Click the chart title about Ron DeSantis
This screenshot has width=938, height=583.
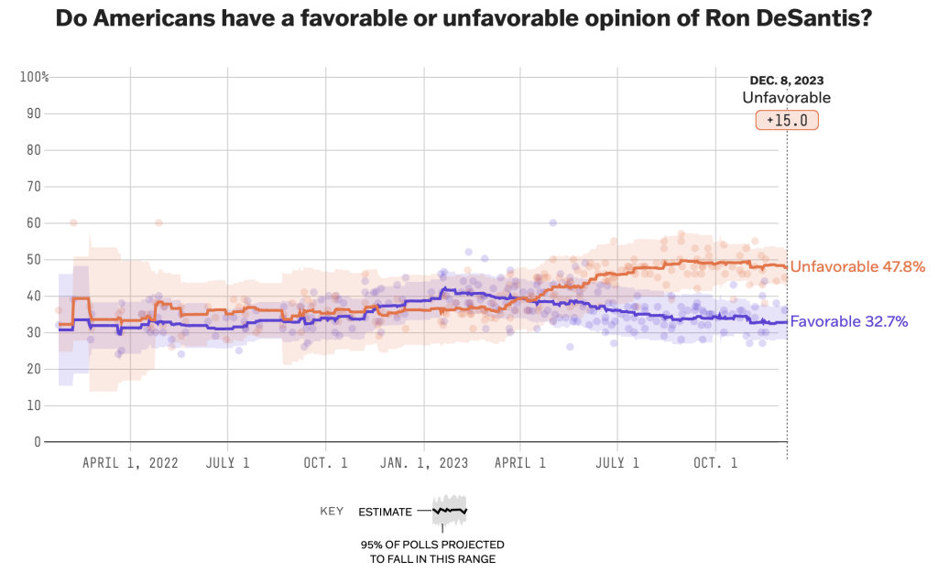[464, 19]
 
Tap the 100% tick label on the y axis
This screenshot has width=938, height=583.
[34, 77]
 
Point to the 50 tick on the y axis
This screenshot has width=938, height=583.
[34, 259]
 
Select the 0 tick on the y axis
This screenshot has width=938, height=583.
[38, 441]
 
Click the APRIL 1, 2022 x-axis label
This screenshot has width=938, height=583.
[130, 463]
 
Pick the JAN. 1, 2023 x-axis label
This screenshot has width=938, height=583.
[424, 463]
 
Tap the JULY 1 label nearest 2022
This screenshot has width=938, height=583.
[228, 463]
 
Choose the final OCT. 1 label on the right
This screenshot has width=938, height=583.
[716, 463]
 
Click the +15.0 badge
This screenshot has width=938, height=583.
[787, 120]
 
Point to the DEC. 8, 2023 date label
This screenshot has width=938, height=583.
[787, 81]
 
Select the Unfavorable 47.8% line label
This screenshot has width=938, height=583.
[857, 266]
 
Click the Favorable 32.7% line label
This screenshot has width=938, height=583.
[849, 321]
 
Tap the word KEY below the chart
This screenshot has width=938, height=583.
[332, 512]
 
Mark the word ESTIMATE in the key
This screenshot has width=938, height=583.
[385, 512]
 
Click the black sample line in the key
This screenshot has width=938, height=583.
[450, 510]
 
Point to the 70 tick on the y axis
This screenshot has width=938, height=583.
[34, 186]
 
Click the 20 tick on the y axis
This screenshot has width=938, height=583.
[34, 368]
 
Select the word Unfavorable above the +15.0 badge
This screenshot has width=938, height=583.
[786, 98]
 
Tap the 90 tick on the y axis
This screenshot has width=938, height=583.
[34, 113]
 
